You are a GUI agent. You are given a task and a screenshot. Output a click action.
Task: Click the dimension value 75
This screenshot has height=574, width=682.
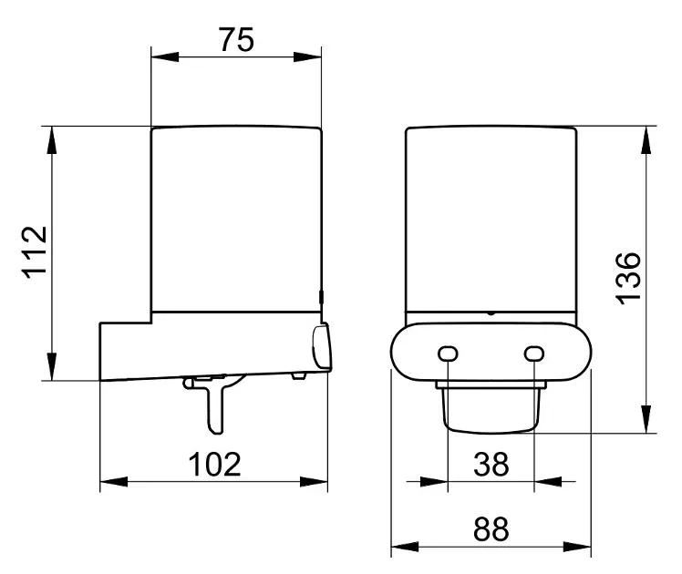tap(236, 40)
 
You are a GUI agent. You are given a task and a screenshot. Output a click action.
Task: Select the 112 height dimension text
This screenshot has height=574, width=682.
tap(35, 252)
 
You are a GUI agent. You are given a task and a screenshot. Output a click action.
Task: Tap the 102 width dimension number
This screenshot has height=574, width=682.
tap(214, 465)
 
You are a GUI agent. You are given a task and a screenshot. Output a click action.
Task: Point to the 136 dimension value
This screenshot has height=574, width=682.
tap(628, 278)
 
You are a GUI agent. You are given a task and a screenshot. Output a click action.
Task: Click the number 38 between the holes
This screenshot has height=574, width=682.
tap(491, 464)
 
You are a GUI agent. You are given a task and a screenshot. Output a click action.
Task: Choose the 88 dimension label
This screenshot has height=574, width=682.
tap(491, 529)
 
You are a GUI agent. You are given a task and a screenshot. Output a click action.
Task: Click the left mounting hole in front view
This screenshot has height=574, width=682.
tap(448, 354)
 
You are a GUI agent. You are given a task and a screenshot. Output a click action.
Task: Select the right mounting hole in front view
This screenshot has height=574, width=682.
tap(534, 354)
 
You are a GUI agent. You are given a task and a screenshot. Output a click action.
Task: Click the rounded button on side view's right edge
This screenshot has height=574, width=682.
tap(322, 348)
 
